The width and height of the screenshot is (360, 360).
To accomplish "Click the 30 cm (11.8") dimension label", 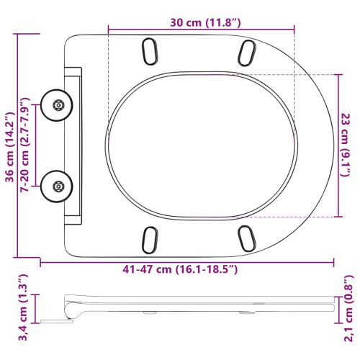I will (x=201, y=22).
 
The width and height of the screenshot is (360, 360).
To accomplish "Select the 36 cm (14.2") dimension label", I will (x=10, y=144).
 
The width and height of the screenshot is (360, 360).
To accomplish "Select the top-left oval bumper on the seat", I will (x=151, y=50).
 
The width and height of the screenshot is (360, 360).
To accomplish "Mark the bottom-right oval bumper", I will (x=246, y=238).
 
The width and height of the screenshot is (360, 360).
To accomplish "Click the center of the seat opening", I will (x=203, y=144).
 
